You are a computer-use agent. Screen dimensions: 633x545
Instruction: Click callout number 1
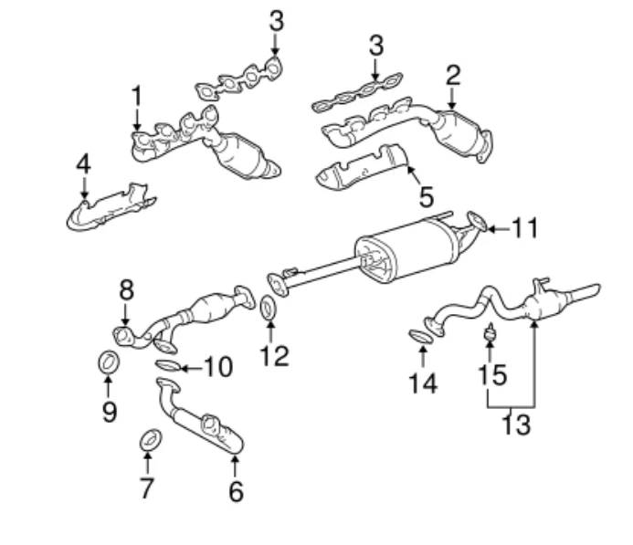click(x=137, y=96)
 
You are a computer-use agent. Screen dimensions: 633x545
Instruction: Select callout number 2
click(x=452, y=75)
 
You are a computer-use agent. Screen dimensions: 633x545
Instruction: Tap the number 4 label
click(x=83, y=164)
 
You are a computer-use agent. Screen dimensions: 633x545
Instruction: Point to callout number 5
click(x=427, y=197)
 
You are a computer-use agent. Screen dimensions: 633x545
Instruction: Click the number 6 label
click(x=237, y=492)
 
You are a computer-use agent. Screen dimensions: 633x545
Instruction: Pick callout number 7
click(x=146, y=487)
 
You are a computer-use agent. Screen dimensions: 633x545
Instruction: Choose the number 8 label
click(x=126, y=289)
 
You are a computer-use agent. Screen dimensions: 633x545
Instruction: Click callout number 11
click(x=525, y=228)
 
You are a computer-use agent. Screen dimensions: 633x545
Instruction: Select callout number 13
click(x=516, y=424)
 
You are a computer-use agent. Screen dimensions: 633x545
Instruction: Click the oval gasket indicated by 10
click(x=168, y=366)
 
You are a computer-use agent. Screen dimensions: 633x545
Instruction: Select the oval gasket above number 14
click(x=421, y=337)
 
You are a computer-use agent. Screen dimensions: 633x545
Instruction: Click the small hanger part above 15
click(x=490, y=333)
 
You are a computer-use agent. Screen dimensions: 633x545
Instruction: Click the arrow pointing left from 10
click(x=192, y=368)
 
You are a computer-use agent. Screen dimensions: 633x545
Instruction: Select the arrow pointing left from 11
click(x=499, y=229)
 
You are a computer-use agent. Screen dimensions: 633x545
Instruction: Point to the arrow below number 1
click(x=137, y=118)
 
